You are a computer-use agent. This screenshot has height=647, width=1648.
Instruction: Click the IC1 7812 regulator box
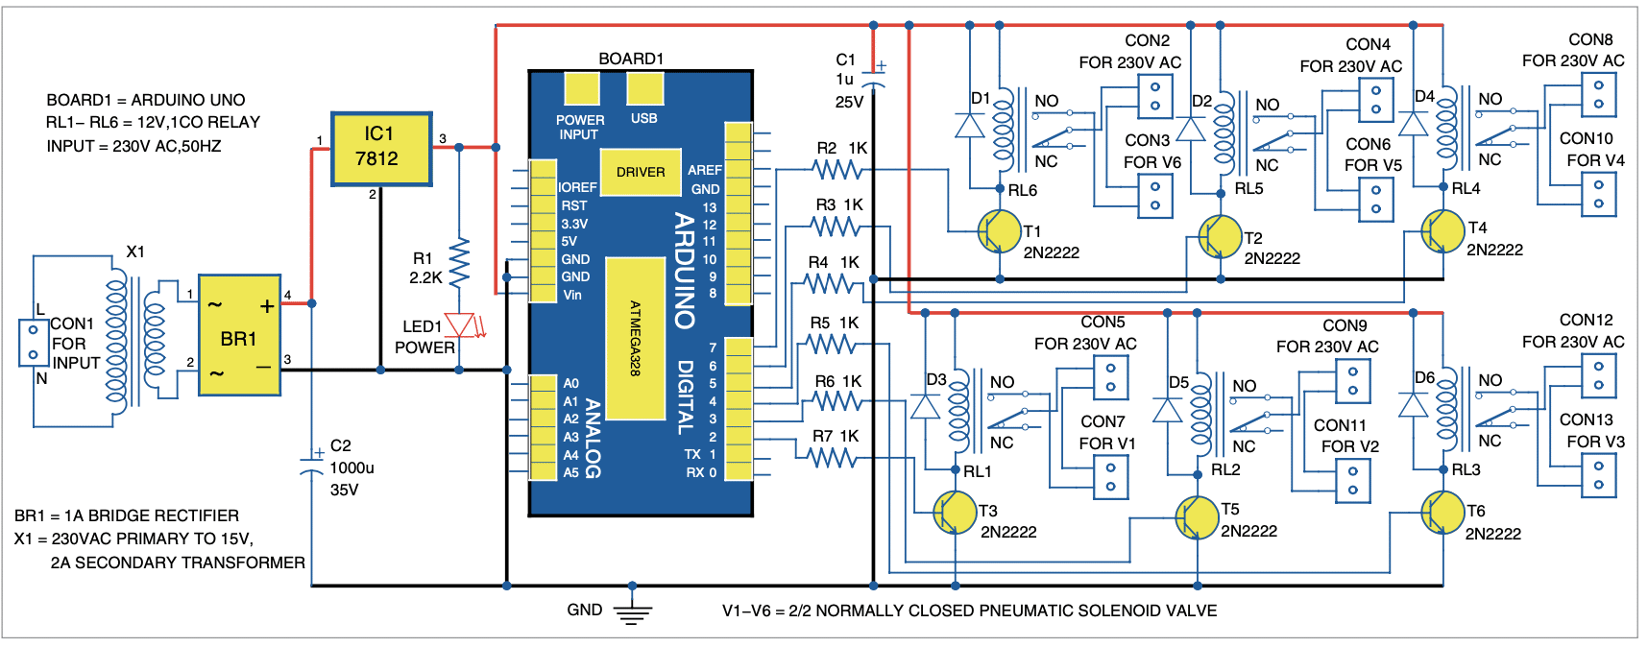[x=381, y=149]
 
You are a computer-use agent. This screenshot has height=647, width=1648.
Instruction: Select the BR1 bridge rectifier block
[x=239, y=335]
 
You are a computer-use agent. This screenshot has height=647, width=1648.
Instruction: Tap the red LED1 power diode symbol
[x=462, y=325]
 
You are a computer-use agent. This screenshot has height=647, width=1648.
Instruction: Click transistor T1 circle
[x=999, y=231]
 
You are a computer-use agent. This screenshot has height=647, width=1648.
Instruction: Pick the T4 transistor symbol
[x=1442, y=231]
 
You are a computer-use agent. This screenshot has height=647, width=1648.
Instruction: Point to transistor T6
[x=1442, y=513]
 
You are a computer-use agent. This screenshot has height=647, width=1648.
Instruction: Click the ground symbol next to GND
[x=631, y=612]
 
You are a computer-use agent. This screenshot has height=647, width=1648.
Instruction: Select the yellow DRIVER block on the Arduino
[x=640, y=172]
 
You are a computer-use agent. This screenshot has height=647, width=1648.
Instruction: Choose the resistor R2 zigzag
[x=837, y=170]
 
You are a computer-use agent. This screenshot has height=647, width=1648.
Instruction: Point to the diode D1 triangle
[x=970, y=126]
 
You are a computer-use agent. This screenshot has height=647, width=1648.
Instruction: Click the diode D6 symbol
[x=1413, y=405]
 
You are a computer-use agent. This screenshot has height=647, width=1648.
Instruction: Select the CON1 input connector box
[x=33, y=343]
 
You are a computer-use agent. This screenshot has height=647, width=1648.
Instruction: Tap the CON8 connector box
[x=1598, y=94]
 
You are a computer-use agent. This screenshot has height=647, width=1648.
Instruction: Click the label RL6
[x=1023, y=190]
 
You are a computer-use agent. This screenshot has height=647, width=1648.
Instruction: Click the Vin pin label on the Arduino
[x=572, y=295]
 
